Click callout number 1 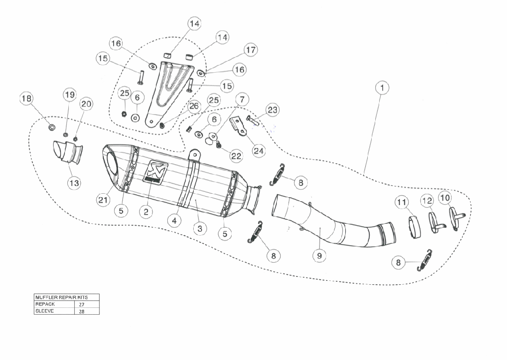pos(381,88)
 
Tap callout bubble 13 pos(74,182)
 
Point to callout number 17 pos(250,50)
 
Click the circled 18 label pos(26,99)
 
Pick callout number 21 pos(103,199)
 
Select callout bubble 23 pos(272,110)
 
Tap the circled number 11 pos(402,202)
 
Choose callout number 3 pos(199,228)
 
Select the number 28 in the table pos(81,311)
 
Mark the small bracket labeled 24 pos(240,126)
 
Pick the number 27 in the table pos(81,304)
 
